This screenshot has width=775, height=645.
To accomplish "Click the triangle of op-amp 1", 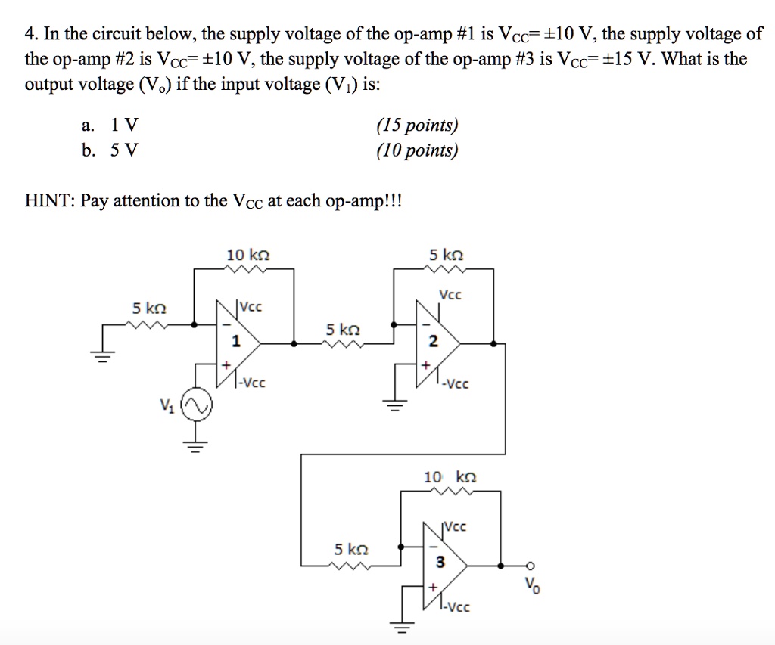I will (236, 343).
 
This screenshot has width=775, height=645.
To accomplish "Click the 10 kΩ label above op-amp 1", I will (247, 256).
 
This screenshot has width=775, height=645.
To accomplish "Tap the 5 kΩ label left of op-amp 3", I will (351, 548).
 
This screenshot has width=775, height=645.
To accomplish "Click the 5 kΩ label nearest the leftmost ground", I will (148, 309).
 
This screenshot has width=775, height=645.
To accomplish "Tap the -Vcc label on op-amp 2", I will (456, 383).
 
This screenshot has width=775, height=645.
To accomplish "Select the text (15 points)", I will (417, 126).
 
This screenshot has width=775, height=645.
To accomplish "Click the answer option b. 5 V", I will (110, 150).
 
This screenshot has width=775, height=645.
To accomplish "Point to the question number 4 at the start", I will (30, 34).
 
